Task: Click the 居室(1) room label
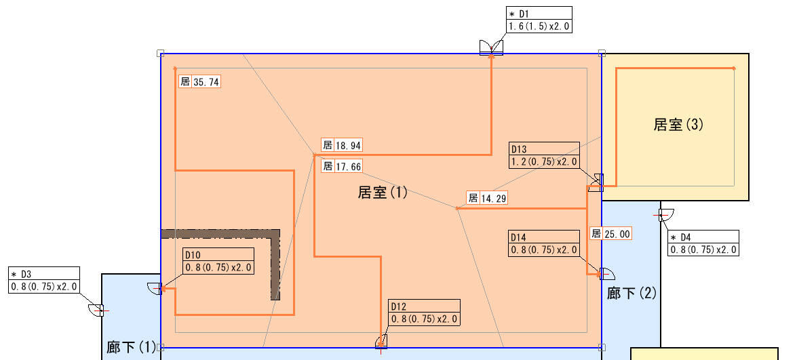383,193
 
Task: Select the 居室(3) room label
678,124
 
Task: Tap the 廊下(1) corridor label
131,347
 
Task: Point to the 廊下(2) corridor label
631,293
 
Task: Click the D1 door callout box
539,20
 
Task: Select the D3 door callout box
44,280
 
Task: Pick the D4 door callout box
703,243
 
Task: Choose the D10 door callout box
218,261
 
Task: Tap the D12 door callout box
425,313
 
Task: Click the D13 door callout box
544,155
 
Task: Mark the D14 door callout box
544,243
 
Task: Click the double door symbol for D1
492,47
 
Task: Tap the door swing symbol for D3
96,309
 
